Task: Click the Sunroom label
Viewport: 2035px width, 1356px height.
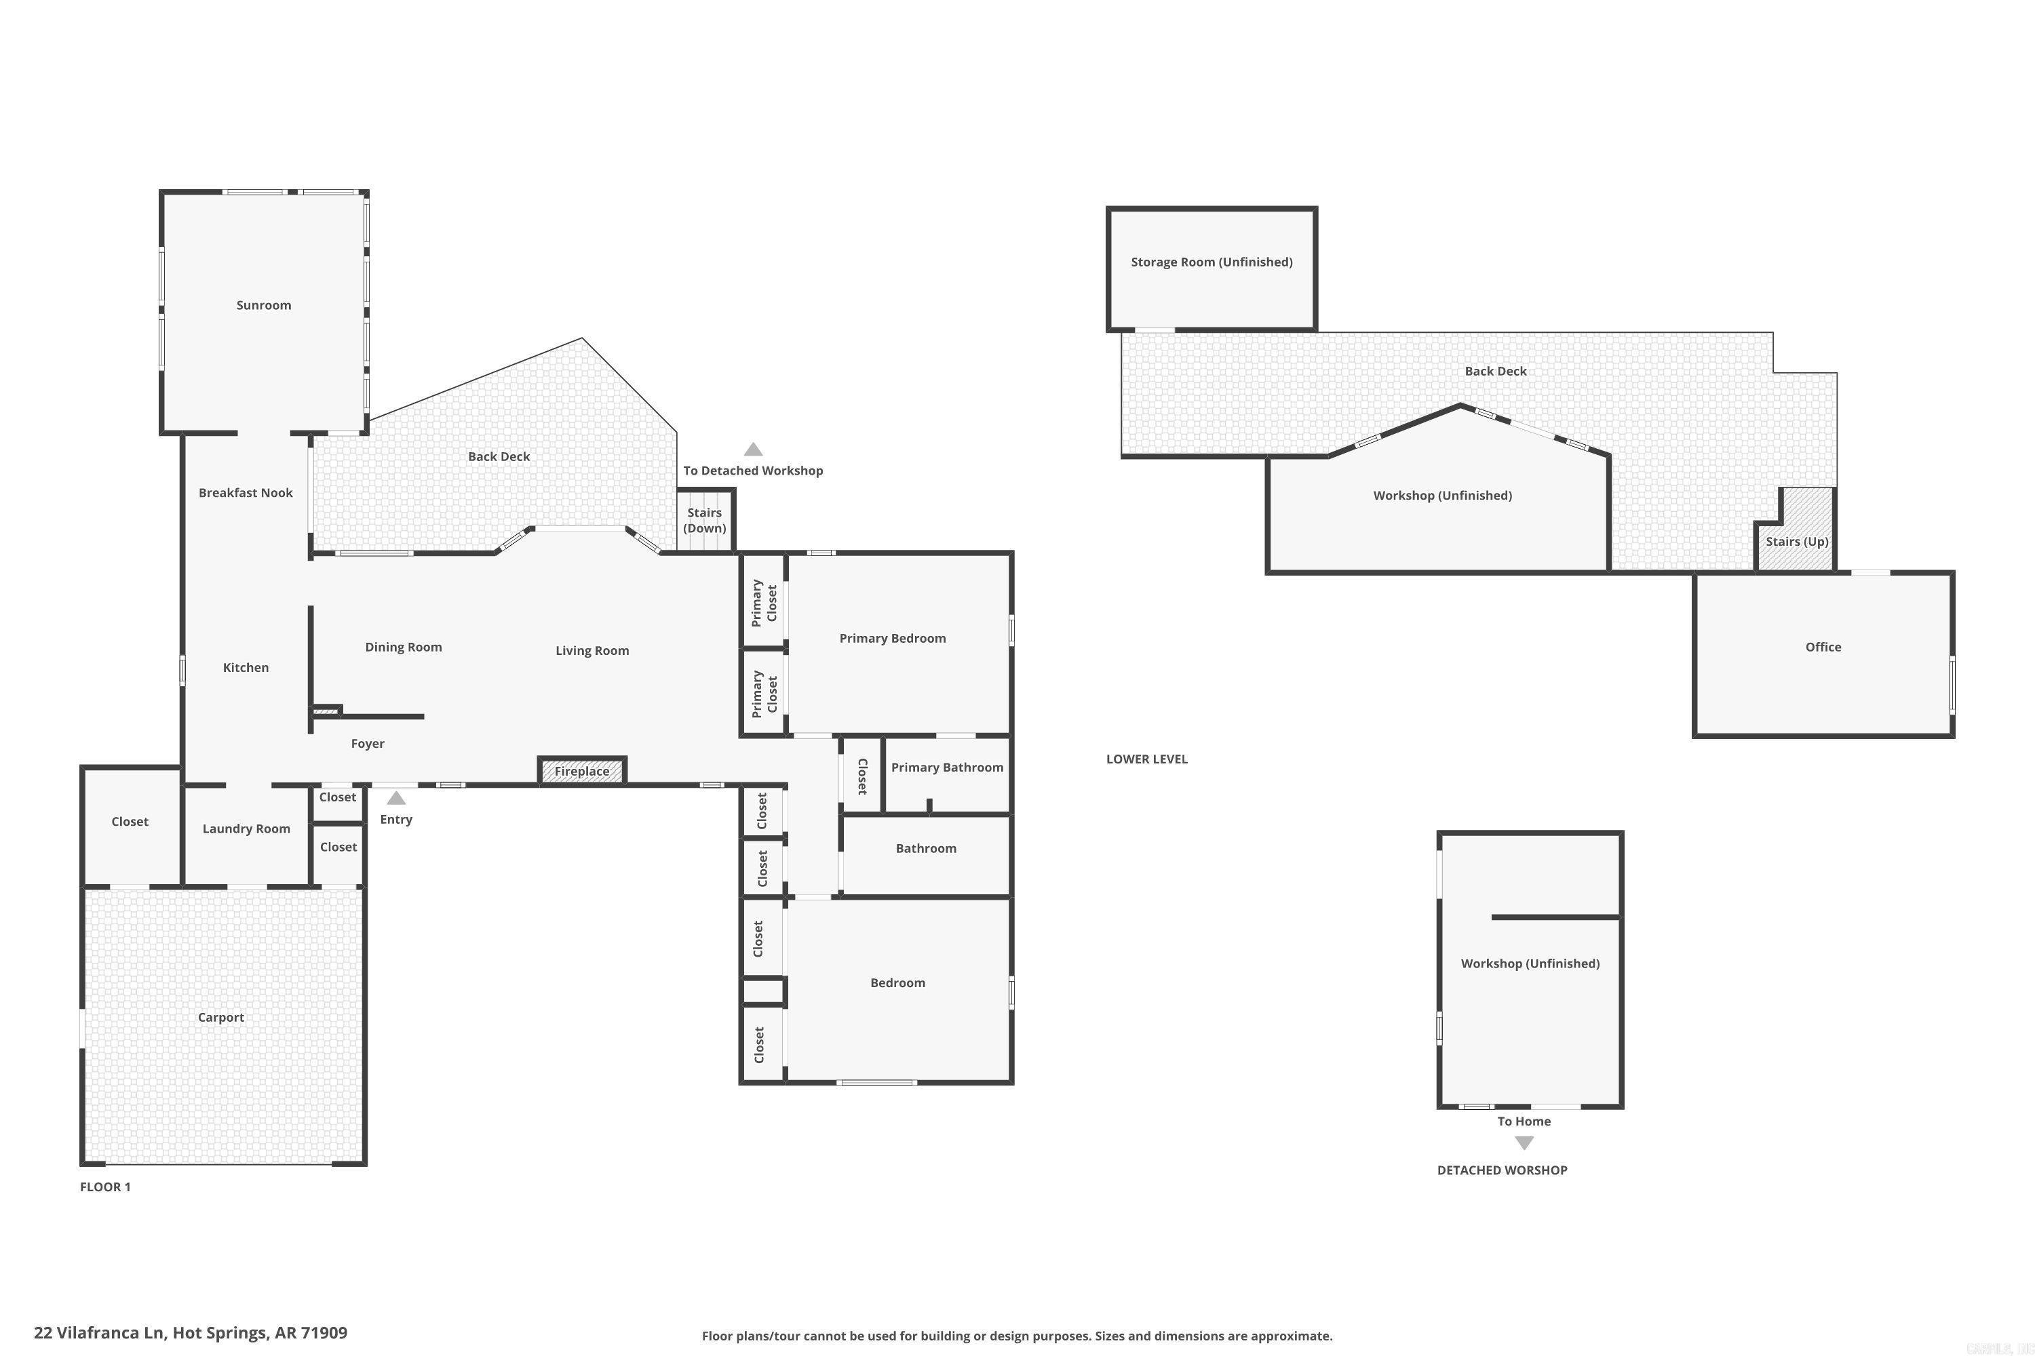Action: (x=264, y=305)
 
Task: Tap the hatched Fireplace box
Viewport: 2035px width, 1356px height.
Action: (x=581, y=770)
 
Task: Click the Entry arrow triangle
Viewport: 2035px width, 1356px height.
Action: (x=396, y=798)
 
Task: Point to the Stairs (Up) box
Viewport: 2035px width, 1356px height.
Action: (x=1797, y=541)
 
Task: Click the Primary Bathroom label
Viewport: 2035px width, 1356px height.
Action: (x=946, y=767)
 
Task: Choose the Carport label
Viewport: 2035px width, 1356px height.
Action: (x=220, y=1017)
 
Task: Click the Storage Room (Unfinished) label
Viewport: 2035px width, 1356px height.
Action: (x=1212, y=262)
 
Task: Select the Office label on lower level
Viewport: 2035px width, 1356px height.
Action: (x=1823, y=647)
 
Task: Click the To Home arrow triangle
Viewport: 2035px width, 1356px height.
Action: (x=1524, y=1143)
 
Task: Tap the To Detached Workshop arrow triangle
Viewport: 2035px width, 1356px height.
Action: (x=753, y=450)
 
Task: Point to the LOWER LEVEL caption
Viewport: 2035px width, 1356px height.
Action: (x=1146, y=759)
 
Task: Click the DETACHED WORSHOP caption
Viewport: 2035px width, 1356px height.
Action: (x=1502, y=1170)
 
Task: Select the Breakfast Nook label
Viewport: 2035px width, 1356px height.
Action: (x=246, y=493)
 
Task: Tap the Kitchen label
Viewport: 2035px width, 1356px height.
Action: (x=246, y=668)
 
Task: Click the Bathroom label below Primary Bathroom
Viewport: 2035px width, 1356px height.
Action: (x=926, y=848)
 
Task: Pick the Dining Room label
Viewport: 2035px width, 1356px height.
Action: (x=403, y=647)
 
